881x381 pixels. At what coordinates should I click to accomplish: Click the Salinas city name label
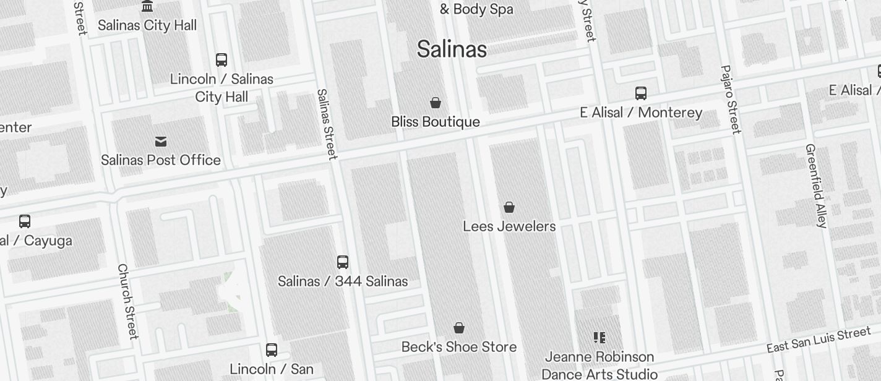pyautogui.click(x=452, y=49)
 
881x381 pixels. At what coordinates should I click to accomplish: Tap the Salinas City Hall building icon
pyautogui.click(x=147, y=6)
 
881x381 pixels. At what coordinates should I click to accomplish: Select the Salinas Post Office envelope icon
pyautogui.click(x=161, y=142)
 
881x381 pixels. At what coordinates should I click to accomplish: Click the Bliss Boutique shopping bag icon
pyautogui.click(x=436, y=103)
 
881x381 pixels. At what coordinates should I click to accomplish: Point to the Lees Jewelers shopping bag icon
pyautogui.click(x=509, y=207)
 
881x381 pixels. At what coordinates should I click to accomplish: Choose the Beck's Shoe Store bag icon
pyautogui.click(x=459, y=328)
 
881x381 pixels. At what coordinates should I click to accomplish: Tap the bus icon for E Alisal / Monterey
pyautogui.click(x=641, y=93)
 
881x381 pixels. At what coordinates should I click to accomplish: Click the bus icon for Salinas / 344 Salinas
pyautogui.click(x=343, y=262)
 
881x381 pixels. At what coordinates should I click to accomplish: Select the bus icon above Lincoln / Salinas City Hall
pyautogui.click(x=221, y=60)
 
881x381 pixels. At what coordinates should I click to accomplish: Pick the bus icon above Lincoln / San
pyautogui.click(x=272, y=350)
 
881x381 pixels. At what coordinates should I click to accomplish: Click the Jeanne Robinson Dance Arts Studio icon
pyautogui.click(x=599, y=338)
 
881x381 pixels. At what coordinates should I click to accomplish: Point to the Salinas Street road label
pyautogui.click(x=327, y=124)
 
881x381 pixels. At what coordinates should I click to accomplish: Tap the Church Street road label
pyautogui.click(x=127, y=301)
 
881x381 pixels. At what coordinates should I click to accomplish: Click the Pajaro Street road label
pyautogui.click(x=731, y=99)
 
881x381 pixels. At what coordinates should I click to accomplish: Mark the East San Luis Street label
pyautogui.click(x=819, y=340)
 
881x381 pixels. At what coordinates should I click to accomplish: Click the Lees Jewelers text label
pyautogui.click(x=509, y=226)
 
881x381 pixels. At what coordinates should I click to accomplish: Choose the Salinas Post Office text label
pyautogui.click(x=161, y=160)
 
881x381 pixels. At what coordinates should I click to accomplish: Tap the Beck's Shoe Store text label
pyautogui.click(x=459, y=347)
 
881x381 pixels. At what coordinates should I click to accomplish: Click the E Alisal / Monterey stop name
pyautogui.click(x=641, y=113)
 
